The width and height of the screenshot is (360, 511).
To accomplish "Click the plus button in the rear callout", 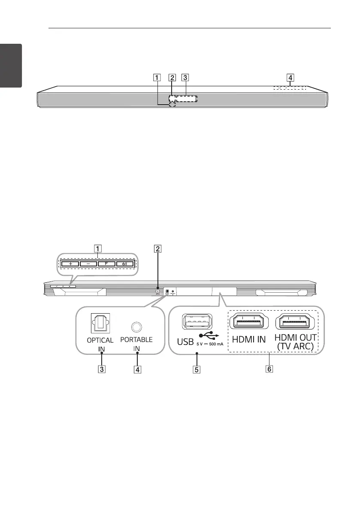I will point(70,263).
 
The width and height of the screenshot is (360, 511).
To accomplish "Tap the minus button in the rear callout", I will point(88,263).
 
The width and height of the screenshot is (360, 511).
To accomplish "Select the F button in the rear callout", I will point(106,263).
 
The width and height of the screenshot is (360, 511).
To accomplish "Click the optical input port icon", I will point(100,324).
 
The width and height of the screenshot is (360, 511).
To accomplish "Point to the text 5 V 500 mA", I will point(208,344).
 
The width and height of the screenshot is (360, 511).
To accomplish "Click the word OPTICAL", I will point(100,340).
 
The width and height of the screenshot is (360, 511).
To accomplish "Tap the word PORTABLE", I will point(137,339).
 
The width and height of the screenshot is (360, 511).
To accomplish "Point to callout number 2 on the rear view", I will point(158,248).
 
